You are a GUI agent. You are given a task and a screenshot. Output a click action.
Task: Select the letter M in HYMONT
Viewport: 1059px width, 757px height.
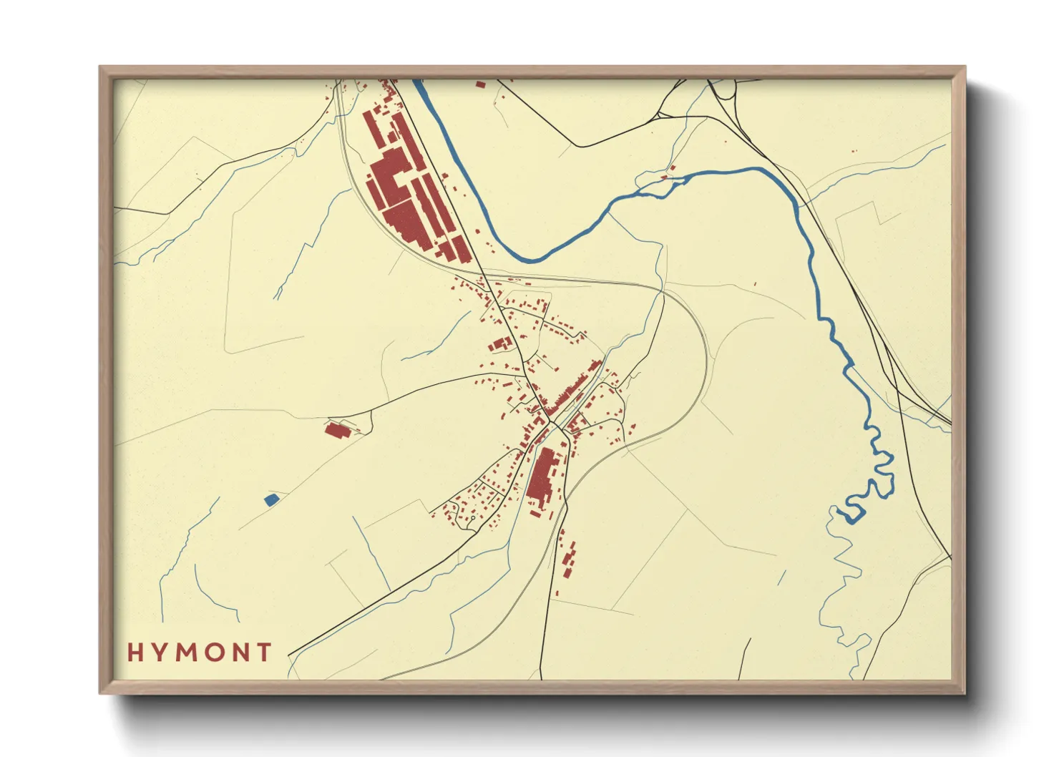[187, 652]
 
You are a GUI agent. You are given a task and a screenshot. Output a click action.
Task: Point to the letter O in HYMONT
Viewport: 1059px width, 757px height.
[215, 652]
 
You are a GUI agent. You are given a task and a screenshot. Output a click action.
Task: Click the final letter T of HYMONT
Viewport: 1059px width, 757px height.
[265, 652]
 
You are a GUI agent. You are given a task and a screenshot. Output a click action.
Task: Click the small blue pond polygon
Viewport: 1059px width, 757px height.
[271, 499]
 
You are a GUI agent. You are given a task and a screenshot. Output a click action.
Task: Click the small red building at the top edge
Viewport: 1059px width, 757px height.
[480, 84]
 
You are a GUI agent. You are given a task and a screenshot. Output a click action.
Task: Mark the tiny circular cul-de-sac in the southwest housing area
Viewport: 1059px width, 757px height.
[472, 517]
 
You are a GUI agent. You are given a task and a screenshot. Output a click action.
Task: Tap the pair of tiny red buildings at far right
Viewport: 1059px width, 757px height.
[853, 151]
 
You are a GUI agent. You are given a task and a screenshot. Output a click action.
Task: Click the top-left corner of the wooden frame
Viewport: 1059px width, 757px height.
[100, 67]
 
